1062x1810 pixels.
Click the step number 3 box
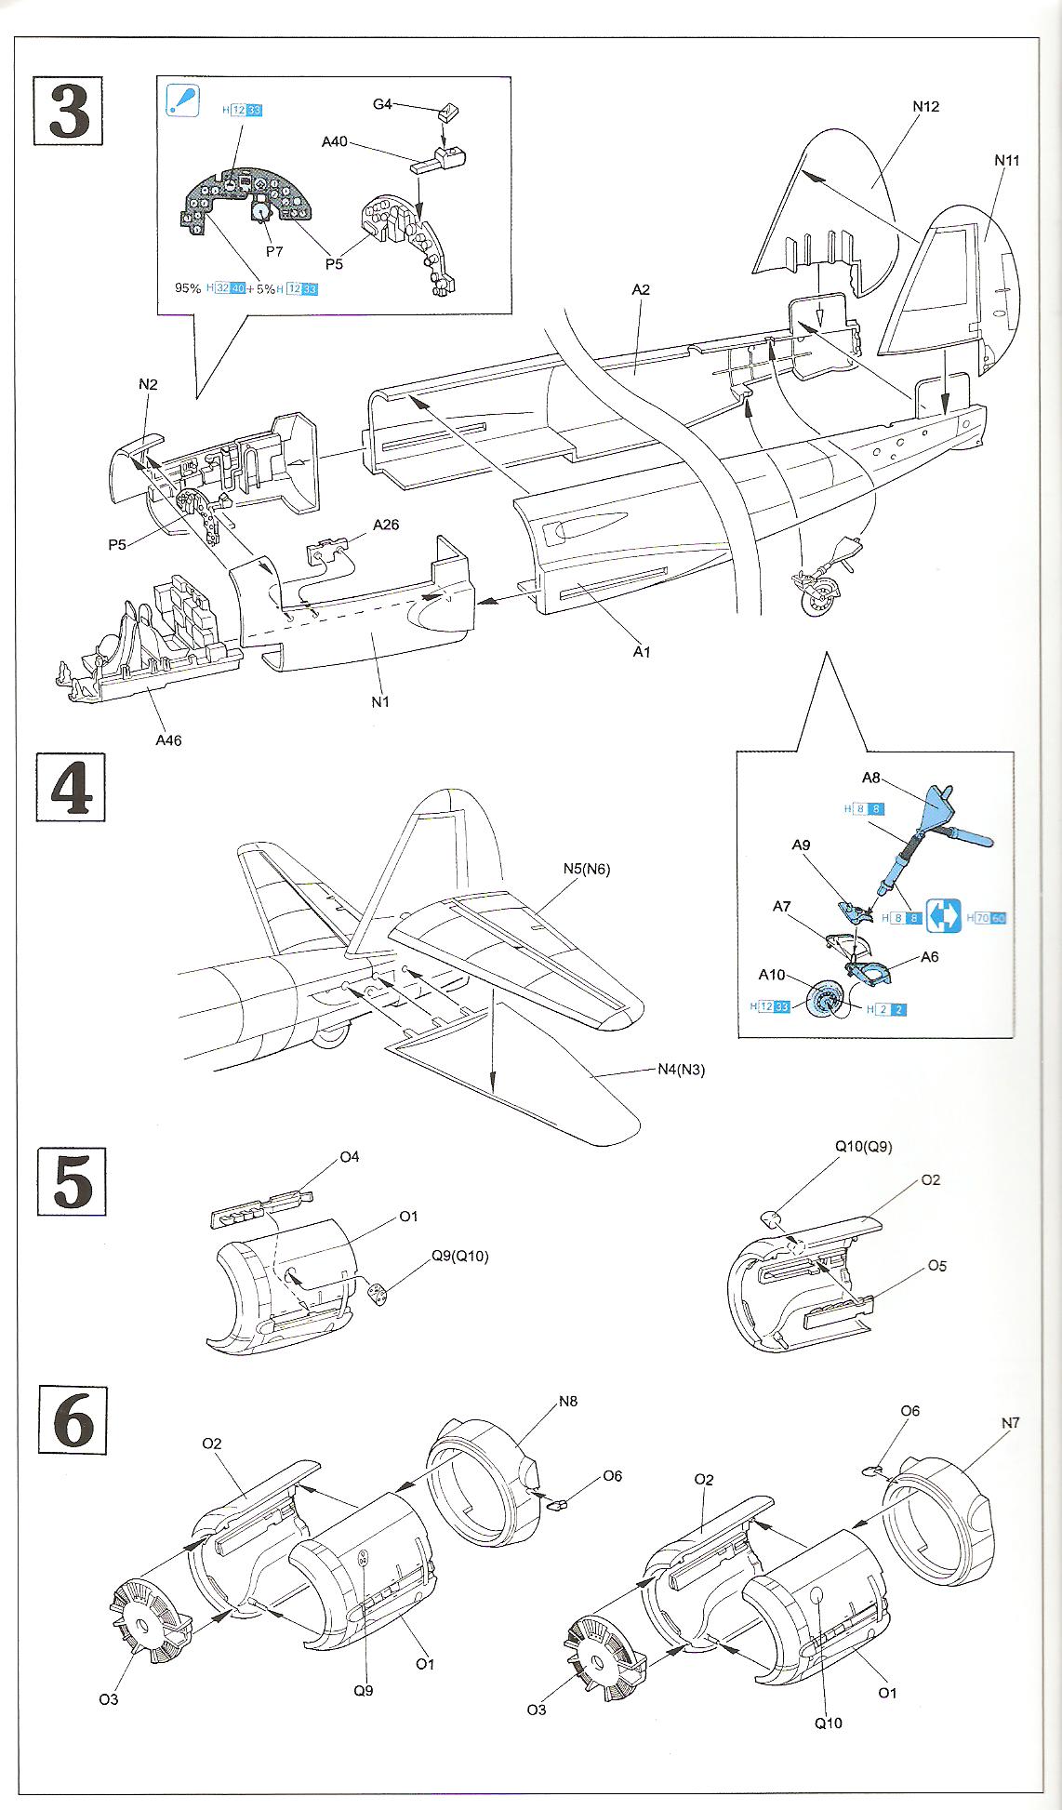point(69,112)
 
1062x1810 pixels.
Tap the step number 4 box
point(70,787)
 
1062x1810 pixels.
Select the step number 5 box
point(72,1180)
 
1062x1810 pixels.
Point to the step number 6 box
point(73,1419)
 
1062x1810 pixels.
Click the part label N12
point(925,107)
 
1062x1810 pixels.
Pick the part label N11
point(1006,160)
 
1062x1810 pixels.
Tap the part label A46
point(168,740)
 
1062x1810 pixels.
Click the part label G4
point(382,104)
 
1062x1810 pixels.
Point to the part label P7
point(274,251)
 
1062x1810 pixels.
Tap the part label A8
point(871,777)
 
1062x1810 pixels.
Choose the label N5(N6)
point(587,870)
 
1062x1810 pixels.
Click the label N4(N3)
point(681,1070)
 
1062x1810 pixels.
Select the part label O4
point(349,1157)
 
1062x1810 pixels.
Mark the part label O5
point(936,1266)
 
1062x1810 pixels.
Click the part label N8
point(567,1401)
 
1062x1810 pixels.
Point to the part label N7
point(1011,1423)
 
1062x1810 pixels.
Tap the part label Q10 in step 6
point(828,1723)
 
